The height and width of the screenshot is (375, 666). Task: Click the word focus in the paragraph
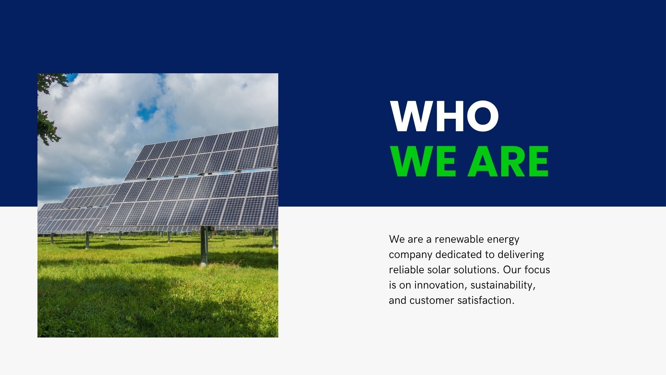[537, 270]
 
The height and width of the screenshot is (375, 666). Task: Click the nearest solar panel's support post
[204, 247]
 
